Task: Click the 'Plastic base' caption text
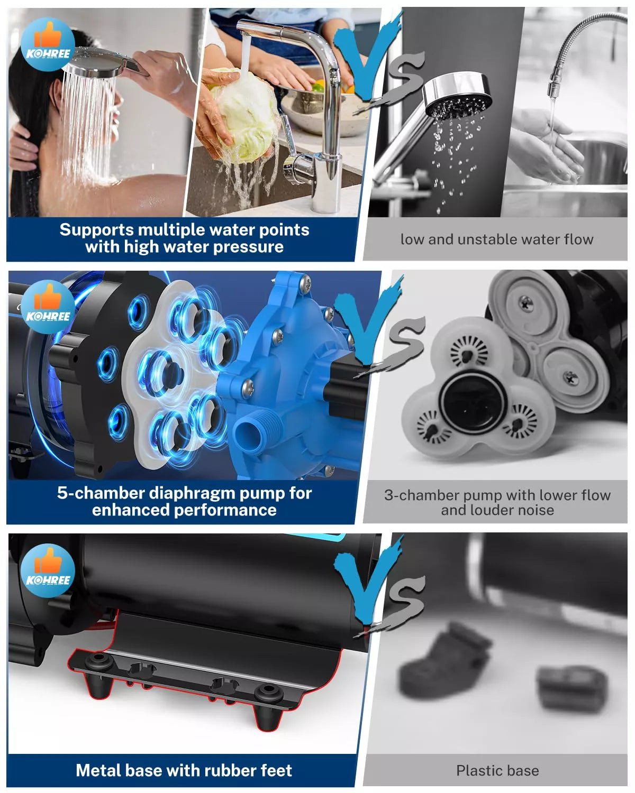[497, 770]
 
